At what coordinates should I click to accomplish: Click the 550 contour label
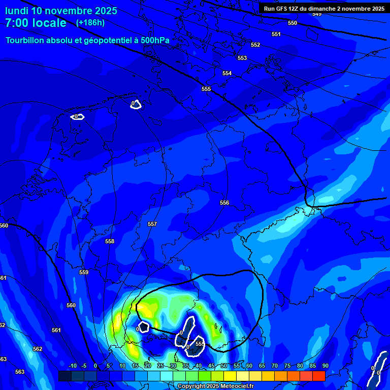[x=292, y=23]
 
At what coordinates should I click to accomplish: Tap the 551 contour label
[x=276, y=34]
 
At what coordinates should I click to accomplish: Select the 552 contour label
[x=255, y=45]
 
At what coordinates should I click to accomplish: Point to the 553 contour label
[x=242, y=58]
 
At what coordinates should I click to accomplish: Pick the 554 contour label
[x=227, y=73]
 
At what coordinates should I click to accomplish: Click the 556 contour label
[x=224, y=203]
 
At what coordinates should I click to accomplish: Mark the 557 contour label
[x=152, y=224]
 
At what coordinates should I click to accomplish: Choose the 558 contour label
[x=110, y=241]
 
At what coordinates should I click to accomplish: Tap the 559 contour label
[x=84, y=272]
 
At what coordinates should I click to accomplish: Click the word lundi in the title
[x=17, y=11]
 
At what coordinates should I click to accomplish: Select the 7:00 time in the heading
[x=19, y=23]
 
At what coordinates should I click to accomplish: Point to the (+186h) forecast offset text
[x=90, y=23]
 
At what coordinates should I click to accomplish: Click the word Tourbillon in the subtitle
[x=26, y=40]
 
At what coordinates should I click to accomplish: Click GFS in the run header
[x=283, y=9]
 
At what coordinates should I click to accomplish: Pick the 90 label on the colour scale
[x=325, y=366]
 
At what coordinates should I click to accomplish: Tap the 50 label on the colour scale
[x=224, y=366]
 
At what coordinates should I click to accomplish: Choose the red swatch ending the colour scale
[x=318, y=376]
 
